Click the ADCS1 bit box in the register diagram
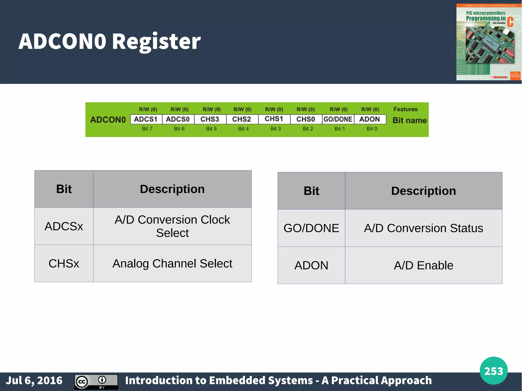(146, 119)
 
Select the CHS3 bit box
(210, 119)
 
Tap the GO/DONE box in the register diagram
(338, 119)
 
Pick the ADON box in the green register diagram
(370, 119)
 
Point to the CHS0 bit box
(306, 119)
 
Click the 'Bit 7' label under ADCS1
(147, 129)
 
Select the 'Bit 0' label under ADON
(372, 129)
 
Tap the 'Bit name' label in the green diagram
(410, 120)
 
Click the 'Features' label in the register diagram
(406, 109)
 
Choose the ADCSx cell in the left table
(64, 226)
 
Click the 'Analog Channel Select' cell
(172, 263)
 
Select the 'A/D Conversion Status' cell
(423, 228)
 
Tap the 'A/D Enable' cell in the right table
(423, 265)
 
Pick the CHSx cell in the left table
(64, 263)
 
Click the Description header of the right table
(423, 191)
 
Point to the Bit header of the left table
(64, 189)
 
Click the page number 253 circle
(493, 371)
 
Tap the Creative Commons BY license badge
(96, 382)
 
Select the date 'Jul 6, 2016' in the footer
(34, 381)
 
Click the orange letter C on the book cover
(510, 22)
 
